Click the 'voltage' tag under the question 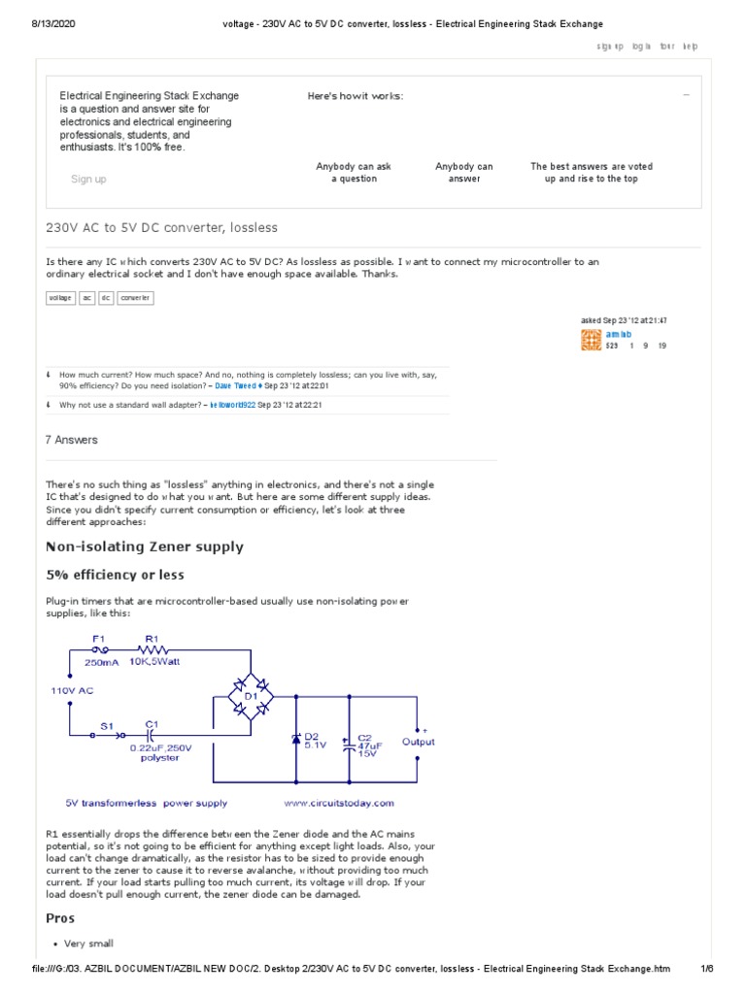pos(60,298)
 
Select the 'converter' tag pos(135,298)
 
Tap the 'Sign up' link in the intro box pos(88,179)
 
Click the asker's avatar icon pos(590,339)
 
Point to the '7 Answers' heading pos(72,440)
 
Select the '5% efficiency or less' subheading pos(115,576)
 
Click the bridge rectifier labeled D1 pos(251,695)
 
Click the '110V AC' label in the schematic pos(73,690)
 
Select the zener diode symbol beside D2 pos(296,740)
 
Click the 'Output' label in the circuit pos(419,742)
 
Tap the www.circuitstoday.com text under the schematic pos(339,803)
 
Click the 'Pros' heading pos(60,918)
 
